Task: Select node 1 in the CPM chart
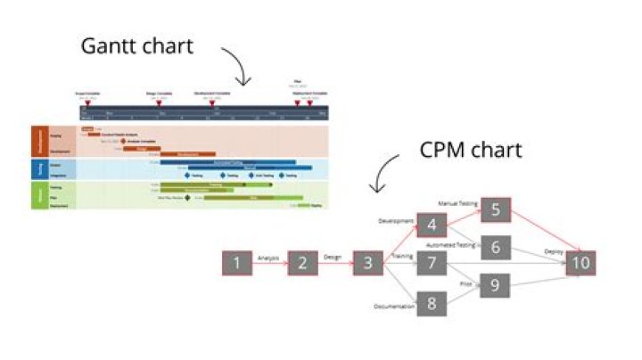coord(237,263)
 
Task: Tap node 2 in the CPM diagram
coord(303,263)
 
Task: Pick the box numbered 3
coord(367,263)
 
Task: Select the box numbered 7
coord(432,263)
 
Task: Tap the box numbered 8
coord(432,303)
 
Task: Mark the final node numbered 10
coord(580,263)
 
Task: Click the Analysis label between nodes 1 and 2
coord(268,258)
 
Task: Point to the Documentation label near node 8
coord(394,307)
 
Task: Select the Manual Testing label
coord(458,204)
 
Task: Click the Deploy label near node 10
coord(554,252)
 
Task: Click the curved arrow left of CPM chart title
coord(385,173)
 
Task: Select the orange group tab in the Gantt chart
coord(37,141)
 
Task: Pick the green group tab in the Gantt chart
coord(37,195)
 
